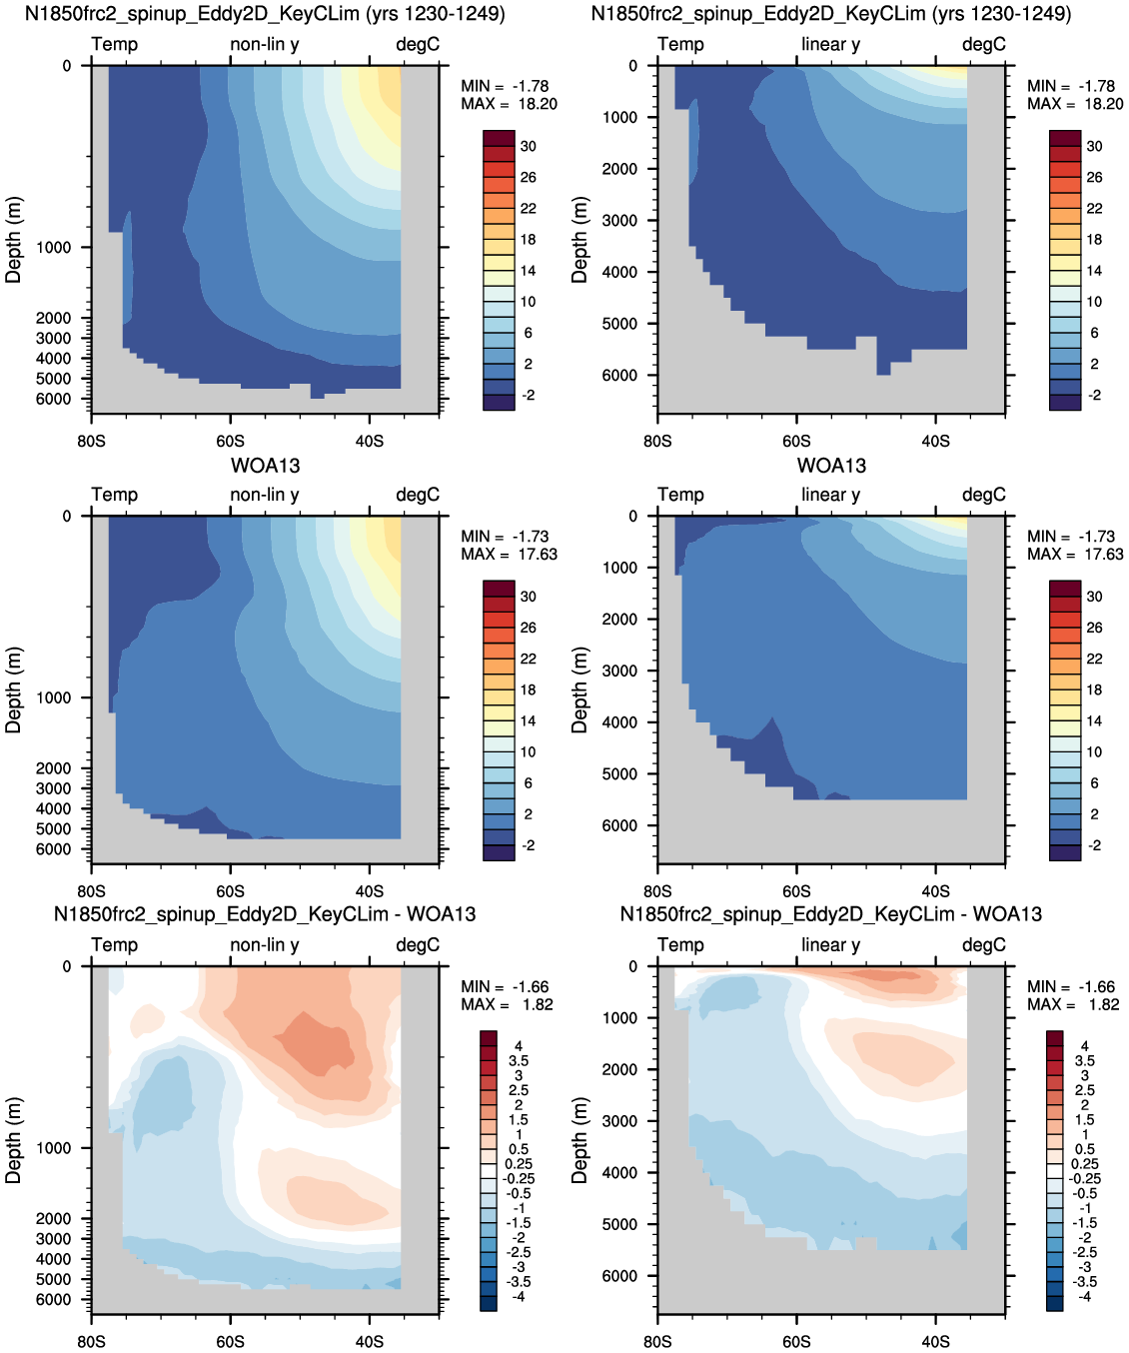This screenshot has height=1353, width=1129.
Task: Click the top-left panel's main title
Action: tap(265, 14)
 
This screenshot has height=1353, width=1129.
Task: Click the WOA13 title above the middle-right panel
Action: tap(831, 466)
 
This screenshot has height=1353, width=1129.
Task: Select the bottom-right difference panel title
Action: tap(831, 913)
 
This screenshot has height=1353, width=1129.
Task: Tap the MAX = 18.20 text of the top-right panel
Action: tap(1075, 104)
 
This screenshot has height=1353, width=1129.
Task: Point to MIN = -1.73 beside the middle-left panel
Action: tap(505, 537)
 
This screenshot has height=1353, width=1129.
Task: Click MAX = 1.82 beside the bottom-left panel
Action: tap(507, 1004)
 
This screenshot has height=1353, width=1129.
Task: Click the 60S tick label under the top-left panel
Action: tap(231, 442)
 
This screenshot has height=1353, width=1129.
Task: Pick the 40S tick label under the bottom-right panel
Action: tap(935, 1341)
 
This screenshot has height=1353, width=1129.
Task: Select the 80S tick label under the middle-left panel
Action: tap(91, 891)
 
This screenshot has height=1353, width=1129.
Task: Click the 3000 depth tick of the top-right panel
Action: tap(620, 220)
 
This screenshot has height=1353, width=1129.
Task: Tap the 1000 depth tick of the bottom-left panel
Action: tap(54, 1148)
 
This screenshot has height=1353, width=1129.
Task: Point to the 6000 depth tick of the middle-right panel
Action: tap(620, 825)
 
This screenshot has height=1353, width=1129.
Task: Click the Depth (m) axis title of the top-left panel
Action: tap(14, 239)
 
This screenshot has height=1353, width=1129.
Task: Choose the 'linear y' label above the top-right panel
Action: tap(831, 44)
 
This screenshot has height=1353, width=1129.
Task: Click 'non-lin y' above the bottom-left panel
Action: tap(265, 944)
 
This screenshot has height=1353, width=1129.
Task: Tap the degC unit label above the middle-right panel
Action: tap(984, 495)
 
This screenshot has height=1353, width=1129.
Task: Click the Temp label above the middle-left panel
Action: tap(115, 495)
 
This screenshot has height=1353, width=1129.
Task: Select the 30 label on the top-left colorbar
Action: tap(529, 146)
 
